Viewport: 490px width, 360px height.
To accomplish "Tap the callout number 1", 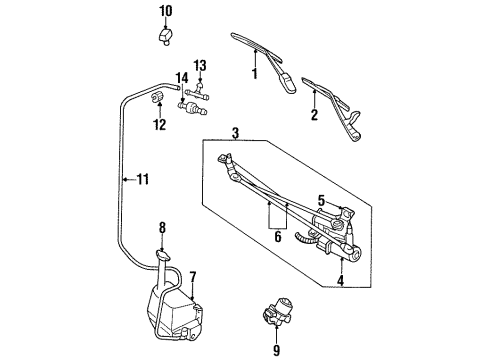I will tap(254, 74).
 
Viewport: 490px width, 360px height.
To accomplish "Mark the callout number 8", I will tap(276, 349).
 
